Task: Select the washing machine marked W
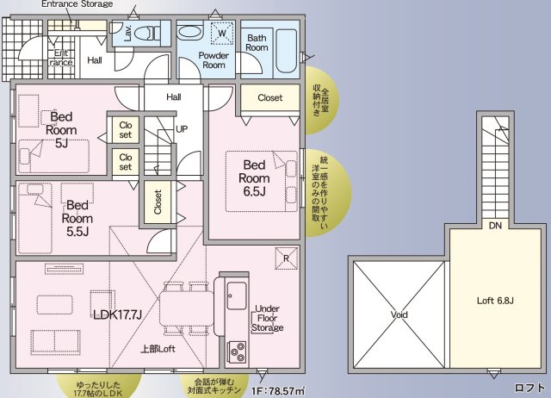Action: click(x=222, y=34)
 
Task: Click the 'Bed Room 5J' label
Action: click(x=59, y=130)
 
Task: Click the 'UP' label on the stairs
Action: click(x=182, y=128)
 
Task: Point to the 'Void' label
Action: click(x=399, y=315)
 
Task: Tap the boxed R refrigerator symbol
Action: click(x=285, y=256)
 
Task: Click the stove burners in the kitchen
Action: click(x=235, y=351)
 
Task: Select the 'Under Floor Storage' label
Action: click(x=268, y=317)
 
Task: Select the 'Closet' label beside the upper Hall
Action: click(x=269, y=98)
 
